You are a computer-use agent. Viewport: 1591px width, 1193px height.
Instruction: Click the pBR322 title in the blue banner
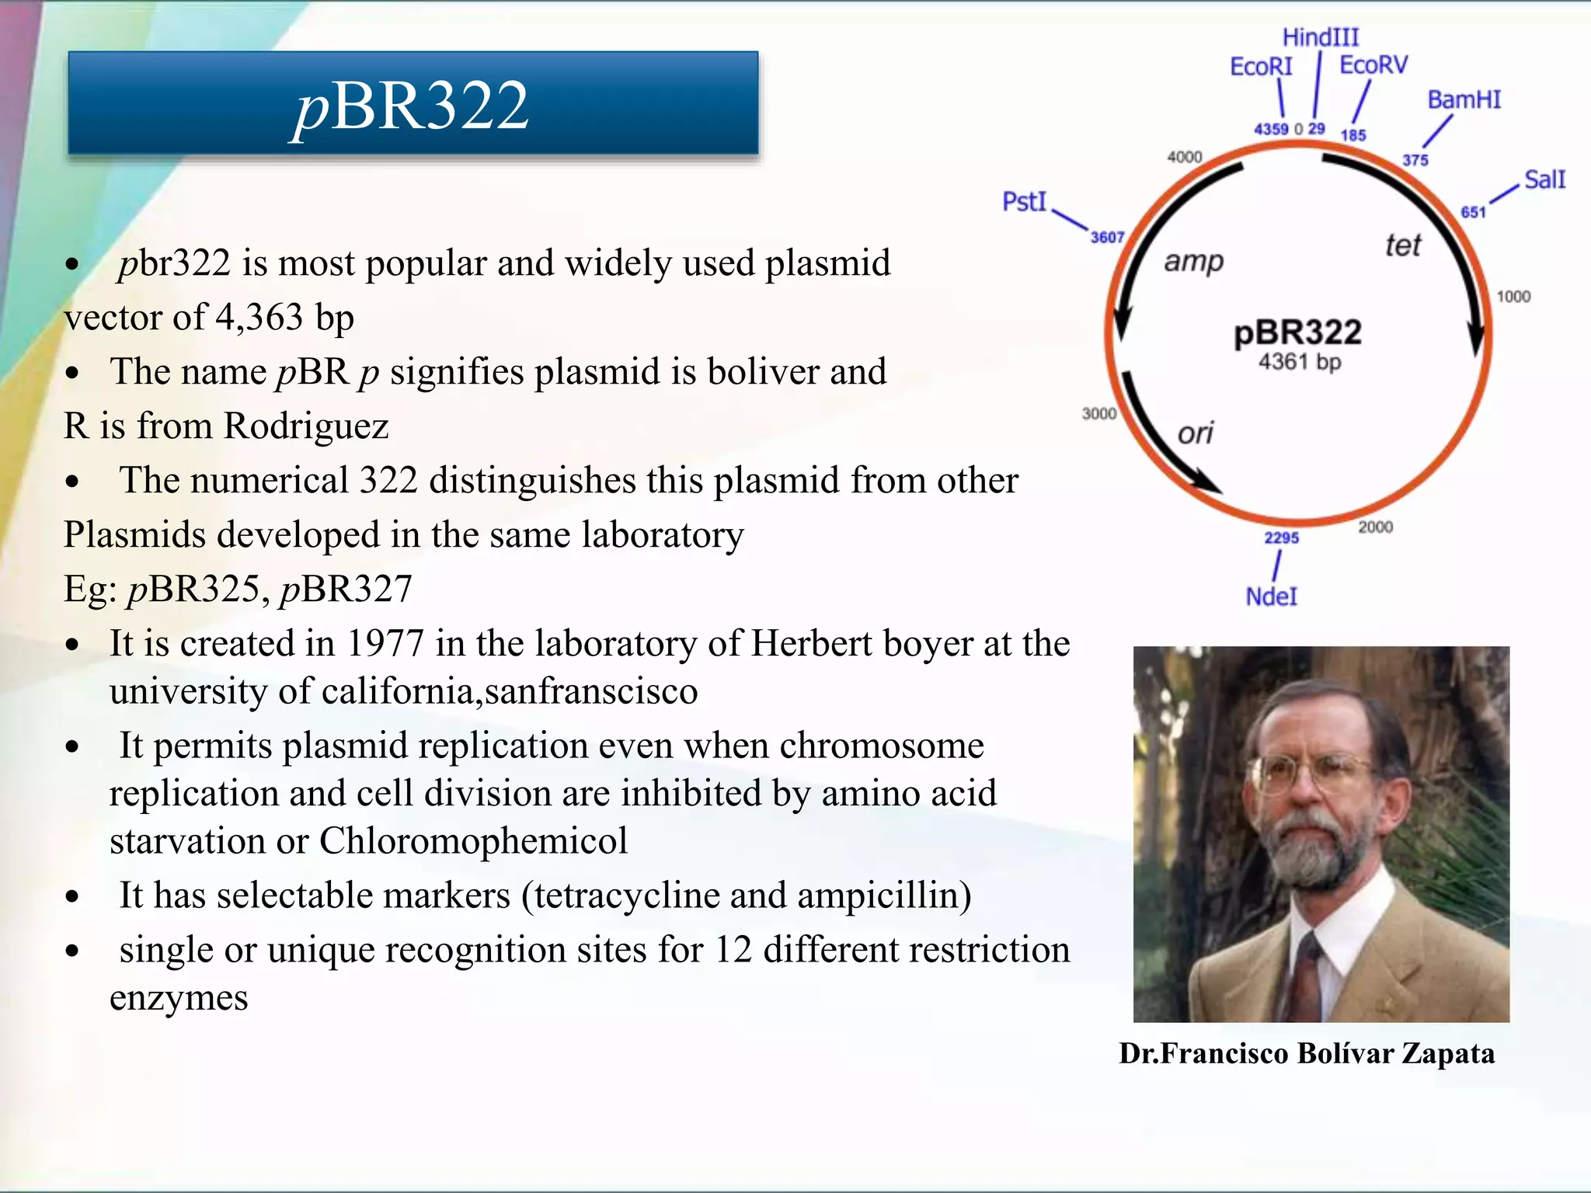click(413, 106)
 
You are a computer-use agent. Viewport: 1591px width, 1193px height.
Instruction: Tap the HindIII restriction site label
click(1321, 37)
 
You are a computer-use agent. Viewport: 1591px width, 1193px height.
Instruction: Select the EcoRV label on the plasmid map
click(1373, 65)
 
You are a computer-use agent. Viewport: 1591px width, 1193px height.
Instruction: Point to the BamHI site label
click(1464, 100)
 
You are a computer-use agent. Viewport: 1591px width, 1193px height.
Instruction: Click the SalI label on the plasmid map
click(1544, 180)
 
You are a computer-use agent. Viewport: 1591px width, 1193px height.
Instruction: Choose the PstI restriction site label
click(1024, 202)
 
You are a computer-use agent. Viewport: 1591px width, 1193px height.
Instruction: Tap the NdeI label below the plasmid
click(1271, 596)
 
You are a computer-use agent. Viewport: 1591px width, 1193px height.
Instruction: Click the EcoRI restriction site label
click(1261, 67)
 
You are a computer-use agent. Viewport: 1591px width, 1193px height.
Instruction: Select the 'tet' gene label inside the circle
click(1403, 246)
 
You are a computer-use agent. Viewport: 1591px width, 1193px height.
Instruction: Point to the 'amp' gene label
click(1193, 262)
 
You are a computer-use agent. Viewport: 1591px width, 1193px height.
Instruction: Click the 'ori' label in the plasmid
click(1195, 433)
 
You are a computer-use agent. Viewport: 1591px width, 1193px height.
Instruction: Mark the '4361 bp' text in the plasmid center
click(1300, 362)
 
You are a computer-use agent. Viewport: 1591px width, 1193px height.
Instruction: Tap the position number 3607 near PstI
click(1107, 237)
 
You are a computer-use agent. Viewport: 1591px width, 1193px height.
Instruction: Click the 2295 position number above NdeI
click(1281, 537)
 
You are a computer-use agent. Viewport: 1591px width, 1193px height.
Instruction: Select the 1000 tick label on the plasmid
click(1513, 297)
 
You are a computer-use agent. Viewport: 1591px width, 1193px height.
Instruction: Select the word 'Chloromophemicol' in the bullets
click(473, 841)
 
